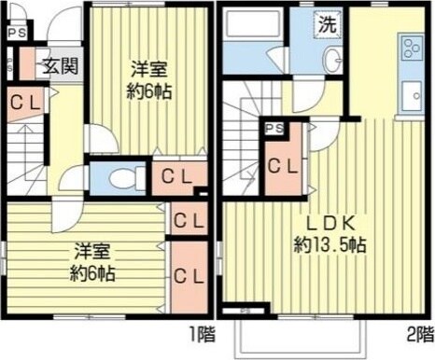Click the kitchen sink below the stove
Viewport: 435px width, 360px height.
412,94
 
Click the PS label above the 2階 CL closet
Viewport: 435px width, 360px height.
274,130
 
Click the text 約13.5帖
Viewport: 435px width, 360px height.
330,244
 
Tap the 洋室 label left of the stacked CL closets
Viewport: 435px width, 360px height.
94,253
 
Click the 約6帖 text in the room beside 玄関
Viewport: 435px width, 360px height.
148,92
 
